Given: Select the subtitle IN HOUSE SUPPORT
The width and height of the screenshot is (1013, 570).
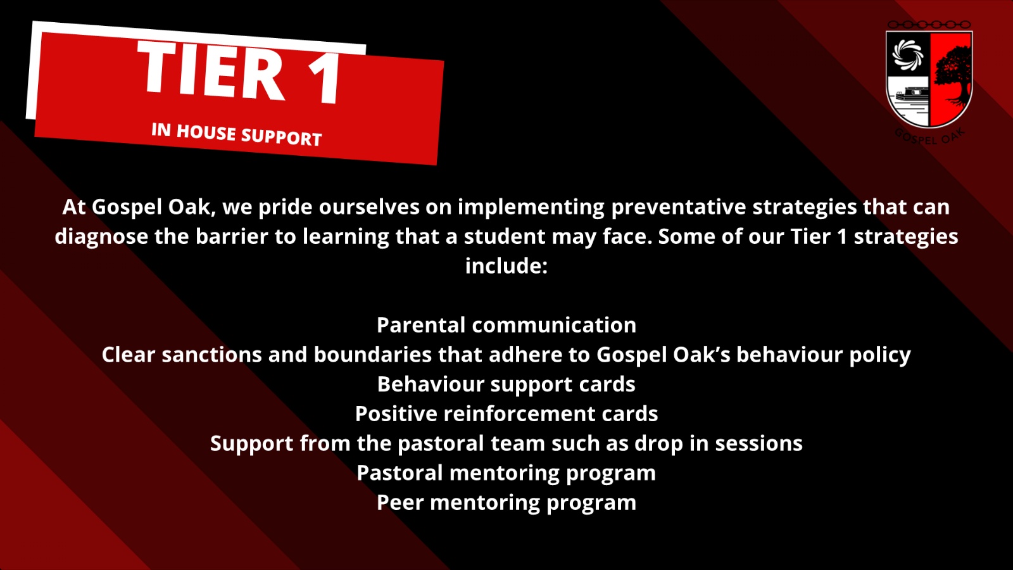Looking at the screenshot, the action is pyautogui.click(x=237, y=134).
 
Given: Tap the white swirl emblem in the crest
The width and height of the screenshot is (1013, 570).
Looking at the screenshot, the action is pyautogui.click(x=908, y=54).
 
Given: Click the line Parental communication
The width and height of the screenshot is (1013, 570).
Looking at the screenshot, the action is pyautogui.click(x=507, y=326).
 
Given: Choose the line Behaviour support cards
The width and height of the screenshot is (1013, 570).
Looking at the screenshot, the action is pyautogui.click(x=507, y=384).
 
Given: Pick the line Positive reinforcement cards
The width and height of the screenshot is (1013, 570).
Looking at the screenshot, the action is pyautogui.click(x=507, y=414).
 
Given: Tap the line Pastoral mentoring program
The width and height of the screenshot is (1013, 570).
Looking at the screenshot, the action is pyautogui.click(x=507, y=473).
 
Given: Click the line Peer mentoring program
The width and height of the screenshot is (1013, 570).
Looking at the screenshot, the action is pyautogui.click(x=507, y=503).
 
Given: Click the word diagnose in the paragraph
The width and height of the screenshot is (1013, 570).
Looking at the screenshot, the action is pyautogui.click(x=101, y=237).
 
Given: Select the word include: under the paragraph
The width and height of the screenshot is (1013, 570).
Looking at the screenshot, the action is pyautogui.click(x=507, y=266).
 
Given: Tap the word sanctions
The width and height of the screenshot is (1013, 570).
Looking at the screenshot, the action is pyautogui.click(x=212, y=355).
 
